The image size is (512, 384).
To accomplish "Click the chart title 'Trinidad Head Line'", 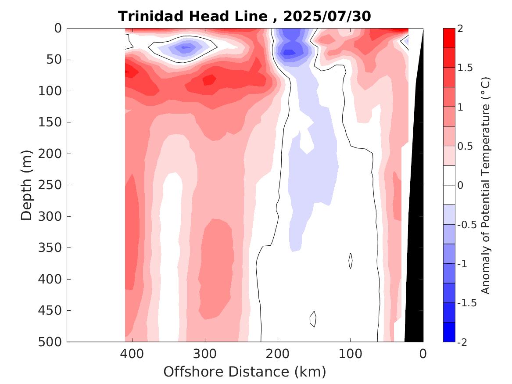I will (193, 17).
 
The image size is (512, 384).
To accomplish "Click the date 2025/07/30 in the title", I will (327, 17).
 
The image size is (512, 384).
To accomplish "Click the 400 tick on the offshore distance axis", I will (132, 353).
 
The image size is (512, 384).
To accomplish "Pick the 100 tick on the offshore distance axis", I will (350, 353).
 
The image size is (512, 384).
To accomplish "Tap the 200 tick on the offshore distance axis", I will (278, 353).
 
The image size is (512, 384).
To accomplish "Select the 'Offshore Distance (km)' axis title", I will (244, 372).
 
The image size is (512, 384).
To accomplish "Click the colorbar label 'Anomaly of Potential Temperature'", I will (485, 185).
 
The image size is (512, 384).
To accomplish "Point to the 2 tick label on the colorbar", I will (461, 29).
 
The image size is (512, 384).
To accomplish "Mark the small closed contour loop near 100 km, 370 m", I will (351, 261).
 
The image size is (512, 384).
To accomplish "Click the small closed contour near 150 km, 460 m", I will (313, 319).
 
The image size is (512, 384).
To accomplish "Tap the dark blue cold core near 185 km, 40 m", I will (288, 52).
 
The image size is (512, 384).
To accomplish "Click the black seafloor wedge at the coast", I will (415, 263).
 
